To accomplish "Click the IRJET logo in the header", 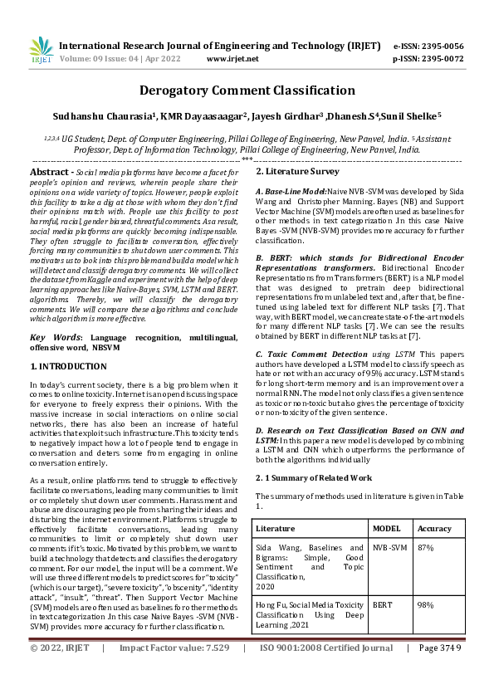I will [42, 51].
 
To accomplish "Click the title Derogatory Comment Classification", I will [247, 90].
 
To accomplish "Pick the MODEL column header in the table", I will [386, 528].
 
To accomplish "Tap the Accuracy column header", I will [435, 528].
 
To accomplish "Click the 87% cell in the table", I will [426, 548].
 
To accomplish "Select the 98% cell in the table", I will [426, 606].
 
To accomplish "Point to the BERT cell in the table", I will [382, 606].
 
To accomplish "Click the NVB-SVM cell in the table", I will [390, 548].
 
